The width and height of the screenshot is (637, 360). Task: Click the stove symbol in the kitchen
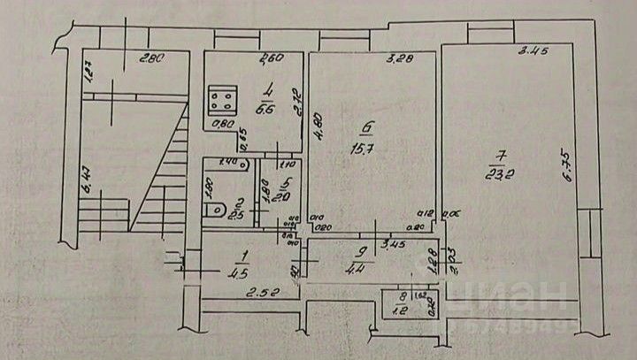[x=222, y=98]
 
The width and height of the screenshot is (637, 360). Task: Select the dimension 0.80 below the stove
[x=226, y=124]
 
